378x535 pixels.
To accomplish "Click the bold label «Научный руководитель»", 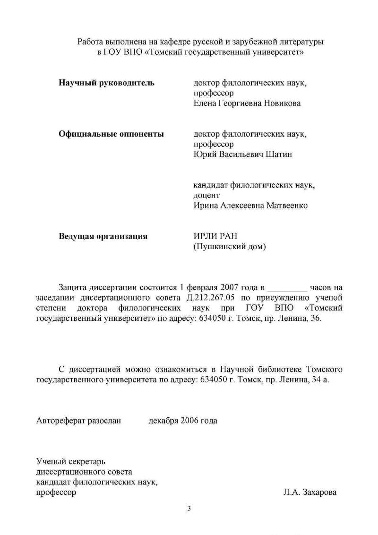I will click(106, 83).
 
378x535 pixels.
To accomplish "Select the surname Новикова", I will click(280, 103).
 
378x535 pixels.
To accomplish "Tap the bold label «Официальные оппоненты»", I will click(111, 134).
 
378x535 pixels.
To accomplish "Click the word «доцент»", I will click(206, 195).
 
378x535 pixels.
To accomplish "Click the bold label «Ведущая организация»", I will click(103, 236).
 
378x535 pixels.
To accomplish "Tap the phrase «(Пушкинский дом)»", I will click(230, 247).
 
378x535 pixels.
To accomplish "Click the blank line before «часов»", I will click(287, 287).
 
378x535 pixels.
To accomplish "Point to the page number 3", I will click(189, 509).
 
